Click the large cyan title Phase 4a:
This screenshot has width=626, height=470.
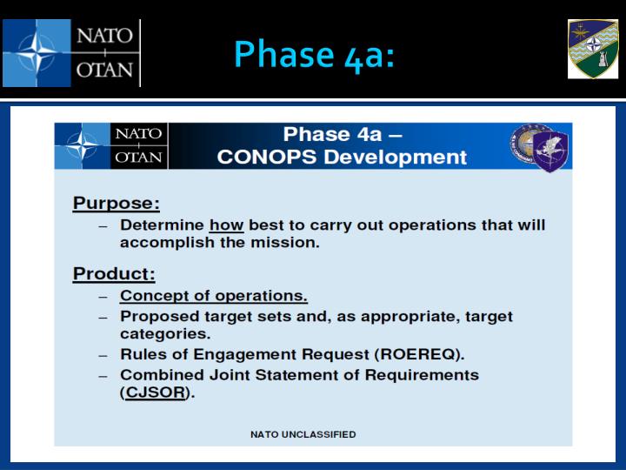pyautogui.click(x=314, y=54)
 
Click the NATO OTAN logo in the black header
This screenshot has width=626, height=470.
pyautogui.click(x=70, y=53)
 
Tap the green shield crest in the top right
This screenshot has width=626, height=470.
pyautogui.click(x=593, y=50)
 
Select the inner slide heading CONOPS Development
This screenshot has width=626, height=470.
pyautogui.click(x=342, y=158)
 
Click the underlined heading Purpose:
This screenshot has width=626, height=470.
pyautogui.click(x=117, y=203)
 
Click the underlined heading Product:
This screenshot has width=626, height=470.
pyautogui.click(x=114, y=273)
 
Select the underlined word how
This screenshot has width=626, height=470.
pyautogui.click(x=227, y=225)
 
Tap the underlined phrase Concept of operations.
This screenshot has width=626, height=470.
pyautogui.click(x=214, y=296)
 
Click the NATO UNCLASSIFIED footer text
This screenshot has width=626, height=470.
pyautogui.click(x=303, y=434)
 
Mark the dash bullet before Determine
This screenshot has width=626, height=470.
pyautogui.click(x=103, y=225)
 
